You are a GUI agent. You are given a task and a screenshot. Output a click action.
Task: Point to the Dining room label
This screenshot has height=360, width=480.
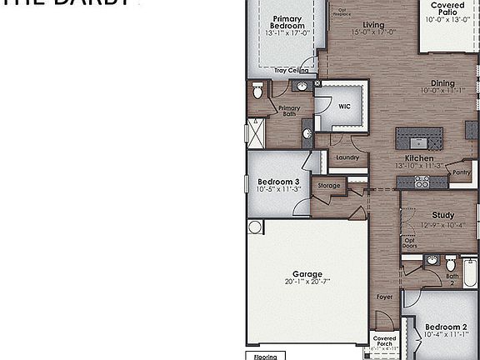443,83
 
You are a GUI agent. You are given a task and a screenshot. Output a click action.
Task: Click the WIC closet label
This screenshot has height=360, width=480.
345,106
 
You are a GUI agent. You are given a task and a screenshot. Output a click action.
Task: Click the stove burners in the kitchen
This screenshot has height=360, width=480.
407,182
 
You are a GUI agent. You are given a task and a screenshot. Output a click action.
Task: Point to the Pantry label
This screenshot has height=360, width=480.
461,173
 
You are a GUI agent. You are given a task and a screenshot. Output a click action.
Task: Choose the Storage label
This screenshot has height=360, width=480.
329,186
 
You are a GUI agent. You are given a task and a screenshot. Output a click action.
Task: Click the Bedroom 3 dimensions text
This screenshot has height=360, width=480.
277,190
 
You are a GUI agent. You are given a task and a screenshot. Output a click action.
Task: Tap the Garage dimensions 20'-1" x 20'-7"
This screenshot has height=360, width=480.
307,282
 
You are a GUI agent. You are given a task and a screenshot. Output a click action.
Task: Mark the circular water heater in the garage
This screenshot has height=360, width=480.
255,227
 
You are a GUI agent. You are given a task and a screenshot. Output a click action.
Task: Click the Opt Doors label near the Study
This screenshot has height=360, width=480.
409,243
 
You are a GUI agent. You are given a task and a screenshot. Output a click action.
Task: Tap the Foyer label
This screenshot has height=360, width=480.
384,297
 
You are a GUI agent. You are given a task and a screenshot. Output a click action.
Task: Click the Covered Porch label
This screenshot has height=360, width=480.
384,342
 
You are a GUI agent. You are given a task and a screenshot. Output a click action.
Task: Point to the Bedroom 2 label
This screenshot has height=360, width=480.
442,327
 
